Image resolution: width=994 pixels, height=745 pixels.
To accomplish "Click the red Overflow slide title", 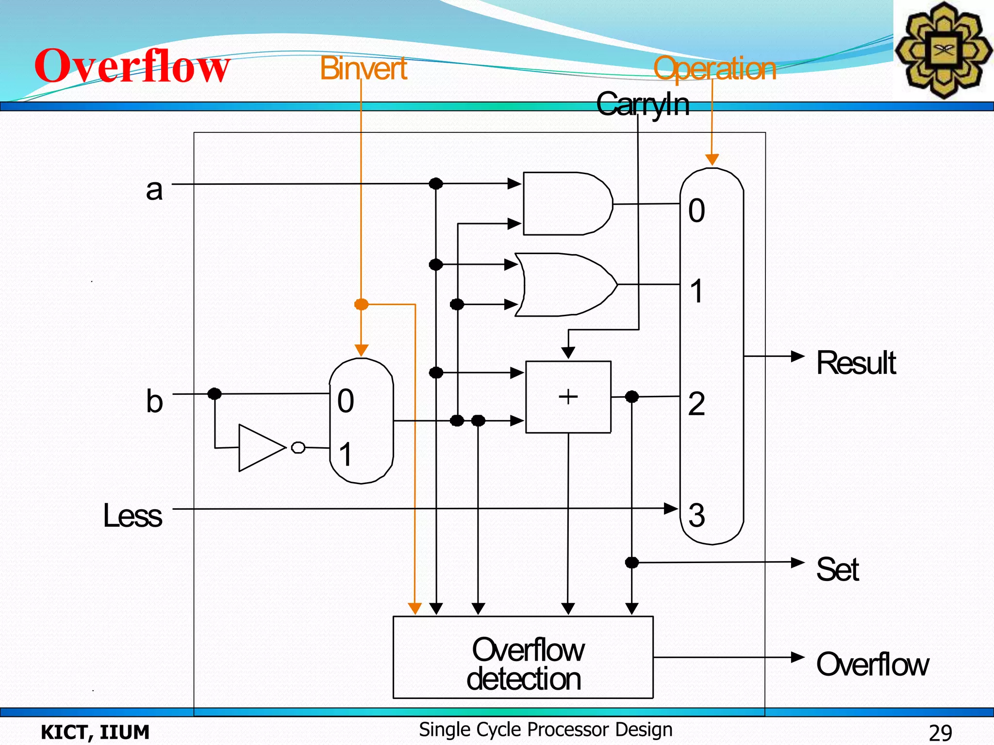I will [x=132, y=66].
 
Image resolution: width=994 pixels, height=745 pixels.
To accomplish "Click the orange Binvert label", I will [x=363, y=68].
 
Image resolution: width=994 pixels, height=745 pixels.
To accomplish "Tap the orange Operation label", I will [x=714, y=68].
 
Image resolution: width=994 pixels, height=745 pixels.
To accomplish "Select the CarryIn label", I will [x=643, y=104].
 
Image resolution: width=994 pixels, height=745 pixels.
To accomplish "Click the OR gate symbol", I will [x=565, y=285].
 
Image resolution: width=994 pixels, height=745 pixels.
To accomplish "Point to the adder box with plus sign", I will [x=568, y=397].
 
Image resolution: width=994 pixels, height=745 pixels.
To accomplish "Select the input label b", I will [x=154, y=402].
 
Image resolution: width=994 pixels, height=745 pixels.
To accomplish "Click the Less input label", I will [x=133, y=515].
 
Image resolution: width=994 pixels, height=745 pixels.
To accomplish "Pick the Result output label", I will [x=856, y=363].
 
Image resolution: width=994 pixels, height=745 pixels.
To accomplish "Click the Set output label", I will [x=837, y=569].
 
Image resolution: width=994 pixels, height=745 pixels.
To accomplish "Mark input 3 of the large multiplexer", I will [x=696, y=515].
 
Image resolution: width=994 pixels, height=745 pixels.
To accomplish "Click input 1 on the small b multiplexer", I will [x=345, y=454].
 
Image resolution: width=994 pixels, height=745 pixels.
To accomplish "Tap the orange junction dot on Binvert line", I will [x=361, y=305].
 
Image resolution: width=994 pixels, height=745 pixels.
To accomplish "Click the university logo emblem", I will [x=943, y=50].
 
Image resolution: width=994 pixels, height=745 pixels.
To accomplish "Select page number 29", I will [x=940, y=732].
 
